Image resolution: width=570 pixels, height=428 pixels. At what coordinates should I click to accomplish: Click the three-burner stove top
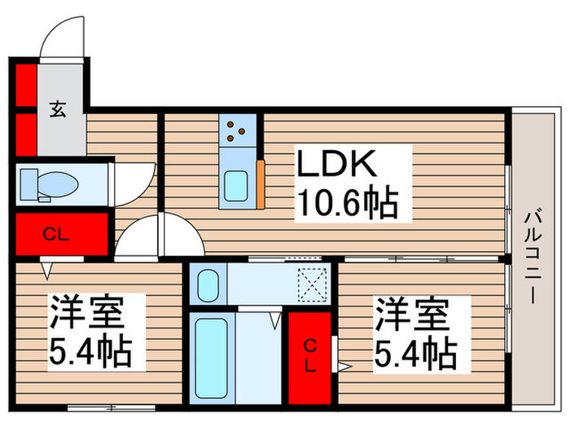pos(238,130)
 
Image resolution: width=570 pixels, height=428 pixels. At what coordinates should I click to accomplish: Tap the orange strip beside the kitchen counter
pos(261,185)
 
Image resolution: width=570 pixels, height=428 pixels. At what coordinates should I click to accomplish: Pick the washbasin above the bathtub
pos(207,286)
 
